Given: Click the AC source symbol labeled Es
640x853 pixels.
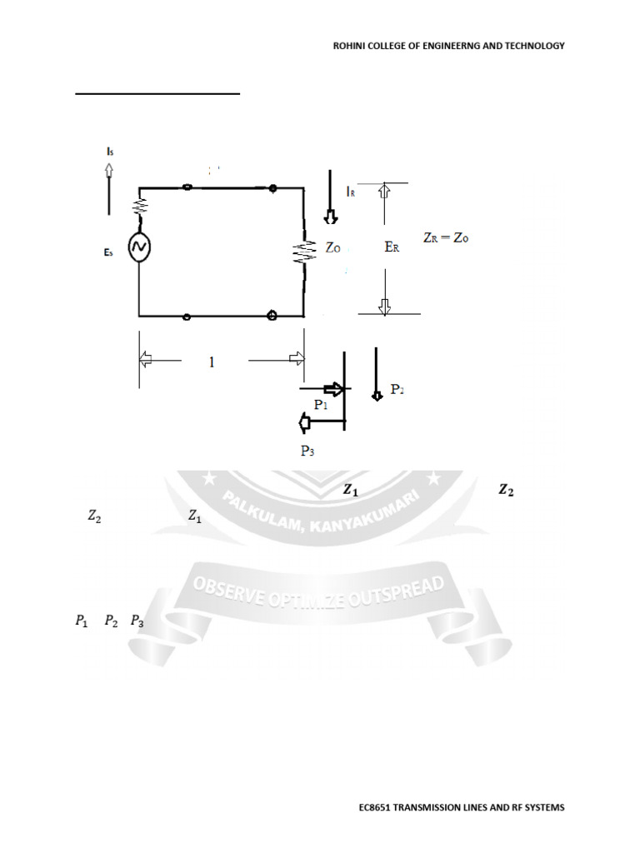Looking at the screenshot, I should [138, 248].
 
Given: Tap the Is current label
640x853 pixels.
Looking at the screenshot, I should [109, 151].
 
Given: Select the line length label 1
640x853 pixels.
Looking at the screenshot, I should [212, 362].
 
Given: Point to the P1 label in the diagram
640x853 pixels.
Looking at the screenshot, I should [321, 404].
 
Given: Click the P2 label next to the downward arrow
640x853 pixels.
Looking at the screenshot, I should [398, 390].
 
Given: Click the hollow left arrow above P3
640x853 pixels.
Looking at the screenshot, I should [305, 423].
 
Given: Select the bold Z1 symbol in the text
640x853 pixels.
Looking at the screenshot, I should [351, 491].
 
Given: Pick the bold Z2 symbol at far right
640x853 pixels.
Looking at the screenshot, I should [506, 491].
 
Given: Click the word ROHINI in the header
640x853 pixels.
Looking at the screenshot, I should [350, 46].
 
